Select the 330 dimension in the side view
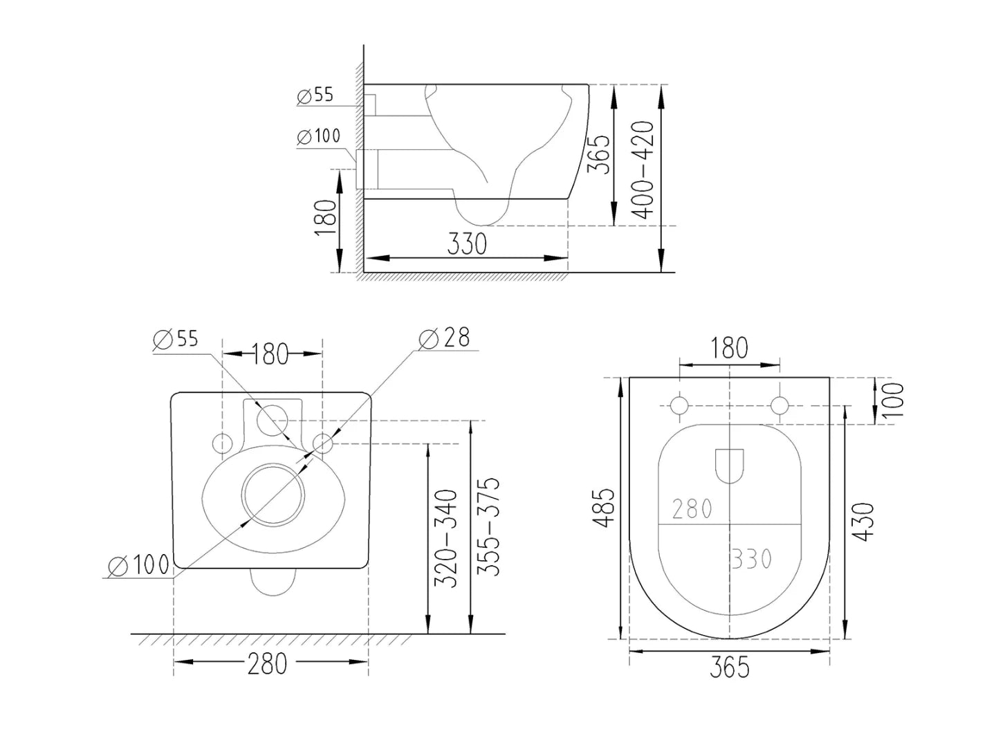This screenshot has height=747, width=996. pyautogui.click(x=467, y=243)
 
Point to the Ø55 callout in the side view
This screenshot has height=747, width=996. pyautogui.click(x=315, y=95)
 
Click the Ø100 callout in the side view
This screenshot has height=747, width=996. pyautogui.click(x=319, y=136)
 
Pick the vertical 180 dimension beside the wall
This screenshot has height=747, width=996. pyautogui.click(x=325, y=217)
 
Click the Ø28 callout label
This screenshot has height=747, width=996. pyautogui.click(x=444, y=338)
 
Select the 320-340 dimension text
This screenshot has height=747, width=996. pyautogui.click(x=446, y=539)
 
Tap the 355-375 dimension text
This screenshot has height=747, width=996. pyautogui.click(x=489, y=526)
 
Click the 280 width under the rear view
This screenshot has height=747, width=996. pyautogui.click(x=267, y=663)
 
